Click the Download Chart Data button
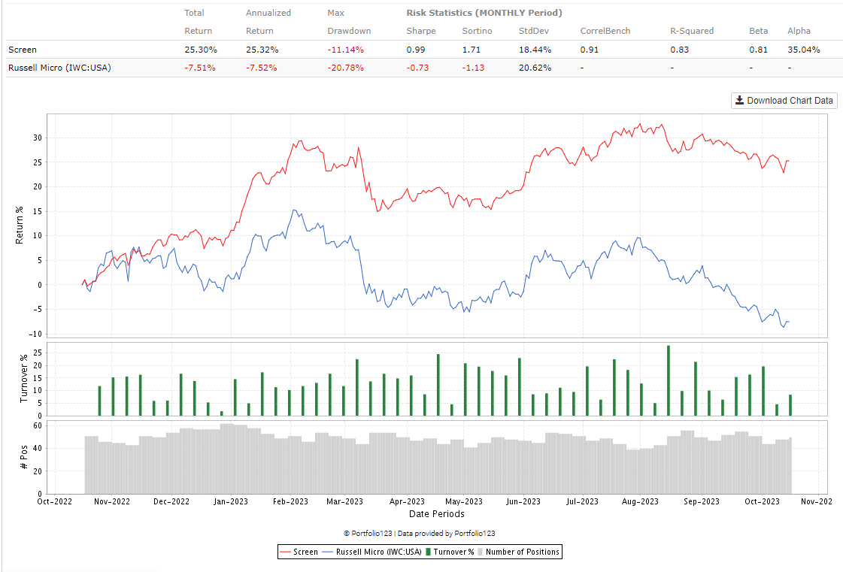[x=784, y=100]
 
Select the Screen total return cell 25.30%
[x=201, y=50]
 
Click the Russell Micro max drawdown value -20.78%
[x=345, y=68]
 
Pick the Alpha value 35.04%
[x=803, y=50]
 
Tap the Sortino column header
[x=477, y=31]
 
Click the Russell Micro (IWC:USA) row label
[x=59, y=68]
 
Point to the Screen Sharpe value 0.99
[x=416, y=50]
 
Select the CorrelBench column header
[x=605, y=31]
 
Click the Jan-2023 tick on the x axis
[x=229, y=501]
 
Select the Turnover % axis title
[x=23, y=379]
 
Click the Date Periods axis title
[x=436, y=514]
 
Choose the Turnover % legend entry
[x=450, y=552]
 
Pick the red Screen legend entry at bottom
[x=299, y=552]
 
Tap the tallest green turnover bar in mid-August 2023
[x=668, y=380]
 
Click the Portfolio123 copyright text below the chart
[x=419, y=533]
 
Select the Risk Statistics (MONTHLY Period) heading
[x=484, y=13]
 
